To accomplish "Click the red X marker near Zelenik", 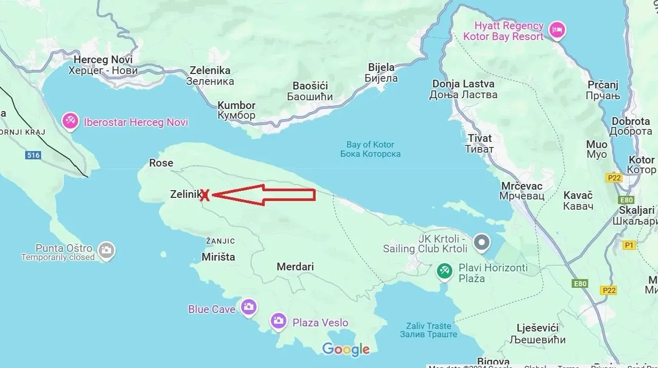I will pos(205,195).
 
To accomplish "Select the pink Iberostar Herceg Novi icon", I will pos(70,122).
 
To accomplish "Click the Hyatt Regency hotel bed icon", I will pos(557,30).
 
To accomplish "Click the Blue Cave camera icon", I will pos(249,307).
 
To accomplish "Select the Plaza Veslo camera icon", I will pos(279,321).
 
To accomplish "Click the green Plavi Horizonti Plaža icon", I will pos(445,270).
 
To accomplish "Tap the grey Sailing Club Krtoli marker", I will pos(482,242).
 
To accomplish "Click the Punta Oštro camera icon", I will pos(106,250).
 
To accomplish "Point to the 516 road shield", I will pos(33,155).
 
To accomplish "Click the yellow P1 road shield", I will pos(629,245).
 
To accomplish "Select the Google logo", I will pos(346,349).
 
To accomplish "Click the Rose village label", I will pos(161,163).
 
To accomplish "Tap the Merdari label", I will pos(295,267).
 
